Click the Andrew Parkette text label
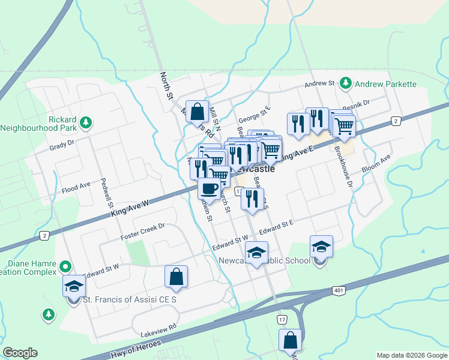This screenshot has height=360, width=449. pos(385,83)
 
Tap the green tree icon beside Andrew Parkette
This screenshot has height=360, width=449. pos(345,83)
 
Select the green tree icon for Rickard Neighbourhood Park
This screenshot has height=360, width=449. pos(86,122)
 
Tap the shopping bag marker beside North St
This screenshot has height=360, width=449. pos(197,110)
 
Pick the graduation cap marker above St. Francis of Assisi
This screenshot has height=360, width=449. pos(74,285)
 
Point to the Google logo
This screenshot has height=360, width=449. pos(20,353)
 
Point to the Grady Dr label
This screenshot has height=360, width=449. pos(61,144)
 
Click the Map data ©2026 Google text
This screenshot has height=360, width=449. pos(411,355)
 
